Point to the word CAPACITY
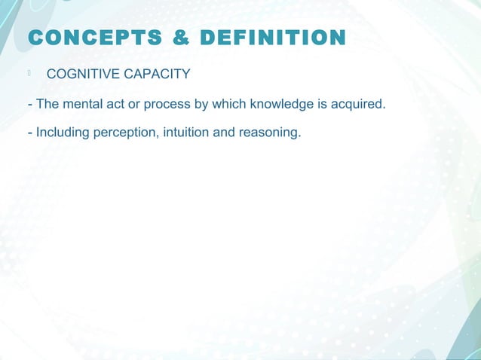(155, 74)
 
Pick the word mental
(81, 103)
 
